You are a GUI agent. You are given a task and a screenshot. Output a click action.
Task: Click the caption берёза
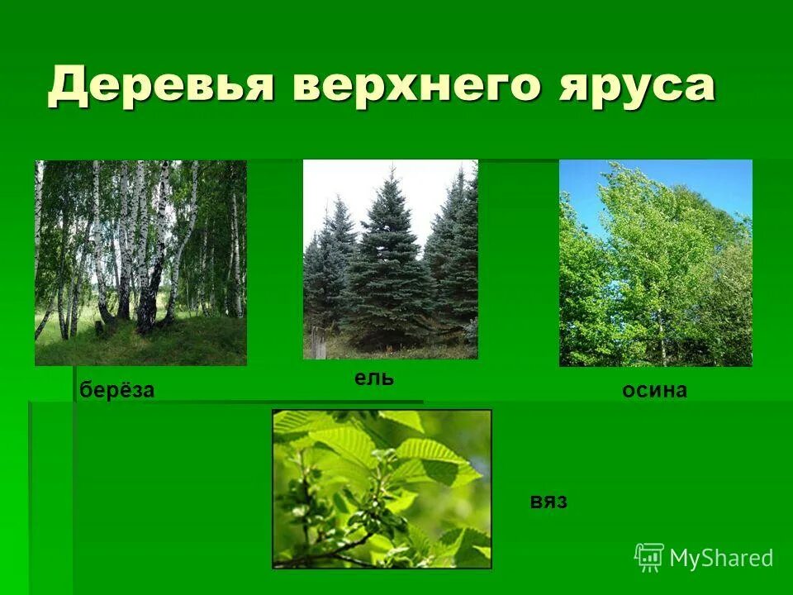(117, 391)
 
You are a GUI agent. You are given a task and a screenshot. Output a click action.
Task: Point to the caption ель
(374, 378)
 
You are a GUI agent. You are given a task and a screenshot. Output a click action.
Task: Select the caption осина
(654, 391)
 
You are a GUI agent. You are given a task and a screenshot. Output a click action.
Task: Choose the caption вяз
(548, 502)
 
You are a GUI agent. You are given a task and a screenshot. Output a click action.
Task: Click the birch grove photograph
(140, 263)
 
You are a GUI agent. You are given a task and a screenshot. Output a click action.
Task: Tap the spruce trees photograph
(390, 259)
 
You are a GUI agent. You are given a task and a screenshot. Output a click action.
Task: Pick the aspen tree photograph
(655, 263)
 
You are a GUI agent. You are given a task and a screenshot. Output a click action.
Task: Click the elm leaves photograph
(382, 488)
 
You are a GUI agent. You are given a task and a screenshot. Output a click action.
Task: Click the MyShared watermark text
(721, 558)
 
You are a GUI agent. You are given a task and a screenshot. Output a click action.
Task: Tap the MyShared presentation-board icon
(649, 557)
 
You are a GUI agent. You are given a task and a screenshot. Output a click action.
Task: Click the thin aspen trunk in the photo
(661, 339)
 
